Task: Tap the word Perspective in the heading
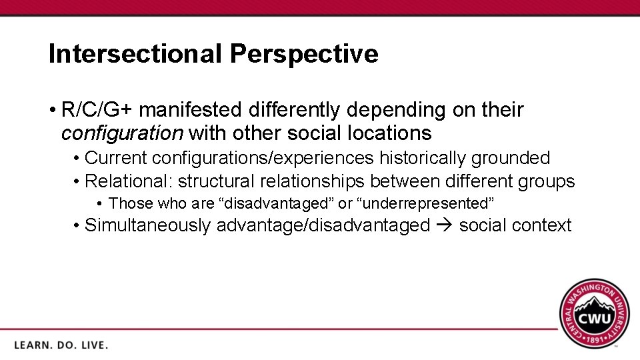303,54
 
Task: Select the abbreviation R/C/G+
97,109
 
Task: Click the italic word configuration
122,133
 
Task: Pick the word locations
390,133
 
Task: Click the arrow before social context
445,225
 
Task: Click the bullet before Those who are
99,203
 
